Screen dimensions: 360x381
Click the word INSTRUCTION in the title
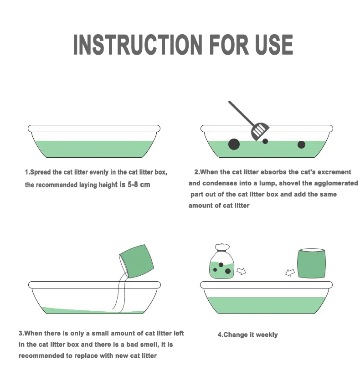coord(138,45)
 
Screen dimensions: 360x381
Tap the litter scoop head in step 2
coord(260,131)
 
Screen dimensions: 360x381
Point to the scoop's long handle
coord(241,113)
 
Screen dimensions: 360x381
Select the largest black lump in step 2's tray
coord(234,144)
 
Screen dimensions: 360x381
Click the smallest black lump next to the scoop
coord(265,141)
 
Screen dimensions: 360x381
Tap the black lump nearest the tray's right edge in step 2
coord(302,144)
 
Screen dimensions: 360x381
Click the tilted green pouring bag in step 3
coord(136,261)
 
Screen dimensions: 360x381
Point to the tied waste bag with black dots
coord(221,262)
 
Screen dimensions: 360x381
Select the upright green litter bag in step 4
coord(311,263)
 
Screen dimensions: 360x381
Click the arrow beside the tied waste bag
coord(241,271)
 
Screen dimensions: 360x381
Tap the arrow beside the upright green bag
coord(290,273)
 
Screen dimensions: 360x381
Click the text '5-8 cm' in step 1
coord(139,185)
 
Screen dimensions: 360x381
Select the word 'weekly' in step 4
coord(267,335)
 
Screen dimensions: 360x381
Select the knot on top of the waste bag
coord(222,247)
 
